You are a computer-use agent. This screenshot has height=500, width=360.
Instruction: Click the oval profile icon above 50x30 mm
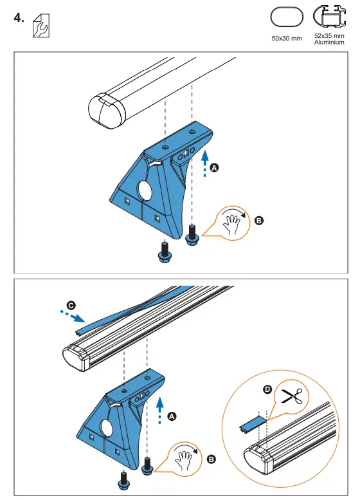(x=286, y=18)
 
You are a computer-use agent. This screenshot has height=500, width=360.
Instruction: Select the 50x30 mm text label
(x=287, y=39)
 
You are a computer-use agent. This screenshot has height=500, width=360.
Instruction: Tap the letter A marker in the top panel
(x=215, y=167)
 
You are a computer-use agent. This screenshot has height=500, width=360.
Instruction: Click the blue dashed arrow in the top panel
(x=204, y=163)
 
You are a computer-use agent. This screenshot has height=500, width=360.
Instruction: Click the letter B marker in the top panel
(x=259, y=220)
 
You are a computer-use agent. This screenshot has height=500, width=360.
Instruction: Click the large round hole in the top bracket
(x=146, y=192)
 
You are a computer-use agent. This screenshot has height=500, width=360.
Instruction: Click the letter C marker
(x=70, y=305)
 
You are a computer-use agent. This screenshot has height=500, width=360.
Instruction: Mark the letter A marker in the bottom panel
(x=172, y=416)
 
